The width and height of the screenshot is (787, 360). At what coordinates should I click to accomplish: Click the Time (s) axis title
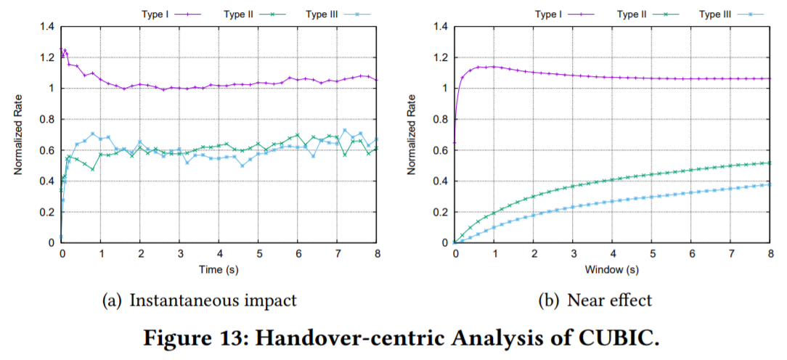pyautogui.click(x=219, y=270)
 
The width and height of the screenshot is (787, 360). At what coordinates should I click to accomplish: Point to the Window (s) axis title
pyautogui.click(x=613, y=270)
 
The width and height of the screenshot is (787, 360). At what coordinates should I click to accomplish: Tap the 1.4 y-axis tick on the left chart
pyautogui.click(x=47, y=27)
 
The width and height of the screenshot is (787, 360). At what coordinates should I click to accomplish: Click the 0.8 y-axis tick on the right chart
pyautogui.click(x=441, y=119)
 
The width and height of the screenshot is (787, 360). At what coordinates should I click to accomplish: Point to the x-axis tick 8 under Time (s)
pyautogui.click(x=377, y=255)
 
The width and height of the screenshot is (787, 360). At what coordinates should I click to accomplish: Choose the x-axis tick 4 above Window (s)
pyautogui.click(x=613, y=255)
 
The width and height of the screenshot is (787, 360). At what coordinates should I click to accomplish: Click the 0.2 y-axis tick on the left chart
pyautogui.click(x=47, y=212)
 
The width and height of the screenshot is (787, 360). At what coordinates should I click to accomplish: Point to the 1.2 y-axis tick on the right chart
pyautogui.click(x=441, y=58)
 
